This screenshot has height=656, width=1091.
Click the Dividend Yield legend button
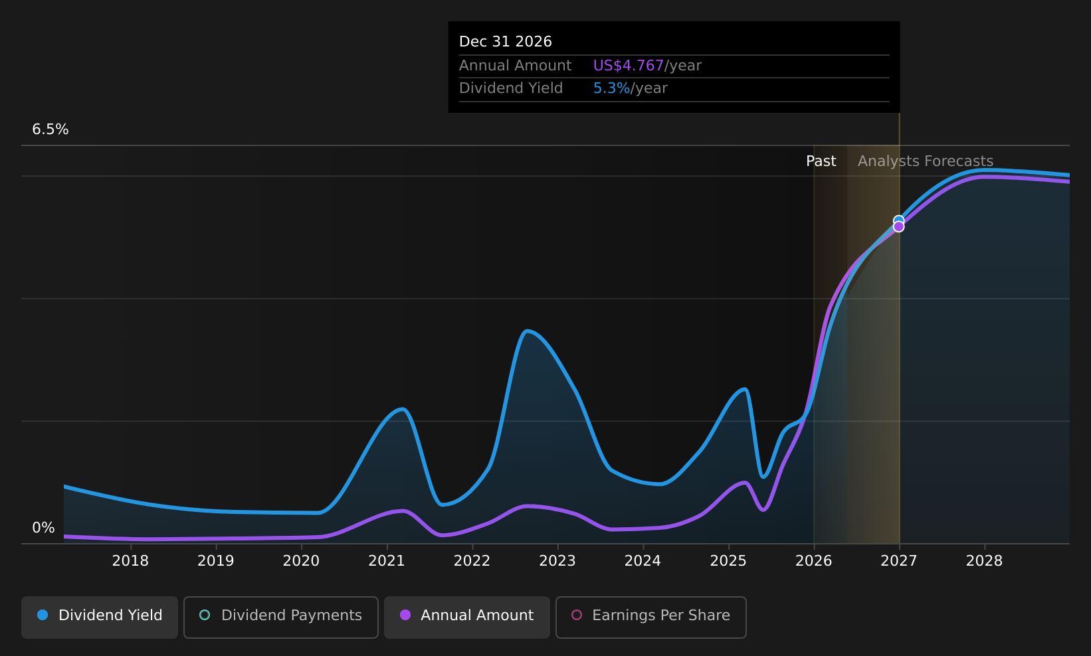pyautogui.click(x=100, y=617)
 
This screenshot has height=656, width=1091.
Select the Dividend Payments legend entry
pyautogui.click(x=281, y=617)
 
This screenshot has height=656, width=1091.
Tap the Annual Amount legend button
pyautogui.click(x=467, y=617)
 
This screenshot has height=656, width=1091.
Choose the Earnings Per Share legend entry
pyautogui.click(x=650, y=617)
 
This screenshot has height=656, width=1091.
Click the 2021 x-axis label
pyautogui.click(x=387, y=561)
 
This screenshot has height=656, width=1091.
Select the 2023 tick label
pyautogui.click(x=557, y=561)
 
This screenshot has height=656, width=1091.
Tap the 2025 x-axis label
pyautogui.click(x=729, y=561)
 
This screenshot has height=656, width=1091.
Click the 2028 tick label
pyautogui.click(x=984, y=561)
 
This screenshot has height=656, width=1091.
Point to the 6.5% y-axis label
pyautogui.click(x=50, y=129)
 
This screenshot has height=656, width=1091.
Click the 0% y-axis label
pyautogui.click(x=43, y=528)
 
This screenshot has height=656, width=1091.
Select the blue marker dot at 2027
pyautogui.click(x=898, y=221)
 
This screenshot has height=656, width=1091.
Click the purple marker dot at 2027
pyautogui.click(x=898, y=227)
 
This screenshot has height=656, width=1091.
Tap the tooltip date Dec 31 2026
pyautogui.click(x=506, y=42)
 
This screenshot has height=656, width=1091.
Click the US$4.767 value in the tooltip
pyautogui.click(x=629, y=66)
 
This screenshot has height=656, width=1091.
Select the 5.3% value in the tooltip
pyautogui.click(x=611, y=88)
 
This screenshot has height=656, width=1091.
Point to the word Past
pyautogui.click(x=821, y=161)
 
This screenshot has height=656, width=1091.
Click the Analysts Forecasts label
pyautogui.click(x=926, y=161)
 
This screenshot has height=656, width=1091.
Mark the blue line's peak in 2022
pyautogui.click(x=526, y=331)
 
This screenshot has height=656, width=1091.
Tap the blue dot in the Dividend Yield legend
pyautogui.click(x=43, y=615)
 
